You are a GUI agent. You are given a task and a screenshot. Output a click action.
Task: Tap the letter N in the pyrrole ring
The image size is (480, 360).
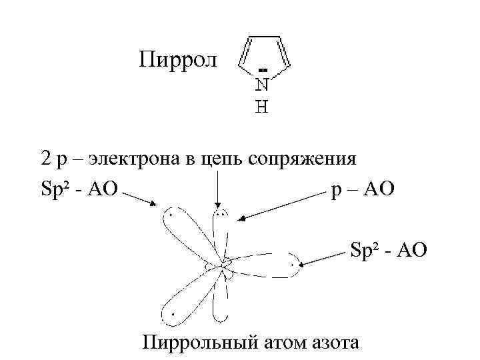(x=263, y=85)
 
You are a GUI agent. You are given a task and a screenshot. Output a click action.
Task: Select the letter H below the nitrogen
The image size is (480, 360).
(x=263, y=106)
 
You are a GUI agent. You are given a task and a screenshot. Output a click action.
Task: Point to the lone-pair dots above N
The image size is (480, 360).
(x=263, y=70)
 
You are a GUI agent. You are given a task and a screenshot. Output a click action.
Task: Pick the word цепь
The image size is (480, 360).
(x=220, y=161)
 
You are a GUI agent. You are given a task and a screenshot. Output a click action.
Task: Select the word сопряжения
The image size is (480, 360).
(x=302, y=161)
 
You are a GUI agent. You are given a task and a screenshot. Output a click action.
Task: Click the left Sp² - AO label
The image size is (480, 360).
(x=78, y=191)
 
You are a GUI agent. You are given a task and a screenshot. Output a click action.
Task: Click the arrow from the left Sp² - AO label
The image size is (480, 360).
(x=140, y=198)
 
